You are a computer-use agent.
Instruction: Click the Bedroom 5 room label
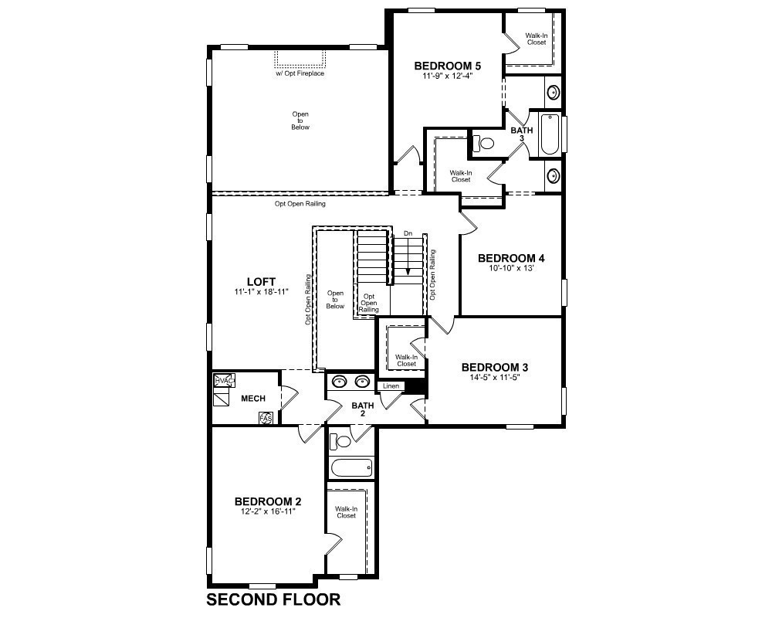tap(447, 66)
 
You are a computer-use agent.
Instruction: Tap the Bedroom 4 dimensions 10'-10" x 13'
tap(511, 269)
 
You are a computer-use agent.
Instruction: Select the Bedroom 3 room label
tap(495, 367)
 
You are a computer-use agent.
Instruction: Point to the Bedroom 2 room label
tap(268, 501)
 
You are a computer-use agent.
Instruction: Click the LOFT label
tap(261, 282)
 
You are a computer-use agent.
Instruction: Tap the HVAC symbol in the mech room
tap(225, 381)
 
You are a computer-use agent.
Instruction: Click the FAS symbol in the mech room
tap(266, 419)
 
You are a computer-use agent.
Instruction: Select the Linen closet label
tap(391, 386)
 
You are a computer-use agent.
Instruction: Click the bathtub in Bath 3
tap(550, 134)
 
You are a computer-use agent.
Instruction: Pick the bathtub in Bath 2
tap(351, 467)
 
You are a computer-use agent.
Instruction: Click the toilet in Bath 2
tap(340, 440)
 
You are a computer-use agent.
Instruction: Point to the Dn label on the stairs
tap(408, 233)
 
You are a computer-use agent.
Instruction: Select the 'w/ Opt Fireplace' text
tap(300, 73)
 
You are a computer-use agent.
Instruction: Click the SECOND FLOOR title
tap(273, 599)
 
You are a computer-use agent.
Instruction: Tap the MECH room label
tap(253, 398)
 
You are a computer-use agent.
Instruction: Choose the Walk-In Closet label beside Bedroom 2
tap(346, 512)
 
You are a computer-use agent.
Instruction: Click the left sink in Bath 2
tap(339, 381)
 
